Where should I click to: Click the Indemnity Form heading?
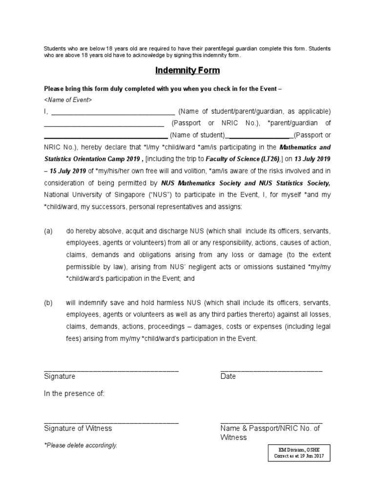pyautogui.click(x=187, y=70)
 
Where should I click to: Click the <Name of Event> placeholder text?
pyautogui.click(x=67, y=100)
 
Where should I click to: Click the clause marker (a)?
pyautogui.click(x=48, y=230)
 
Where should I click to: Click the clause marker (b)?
pyautogui.click(x=48, y=303)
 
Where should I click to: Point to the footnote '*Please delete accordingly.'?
pyautogui.click(x=81, y=445)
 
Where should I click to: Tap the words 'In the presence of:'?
pyautogui.click(x=74, y=394)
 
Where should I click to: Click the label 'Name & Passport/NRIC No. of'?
pyautogui.click(x=270, y=428)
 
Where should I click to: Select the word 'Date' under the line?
pyautogui.click(x=228, y=376)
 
